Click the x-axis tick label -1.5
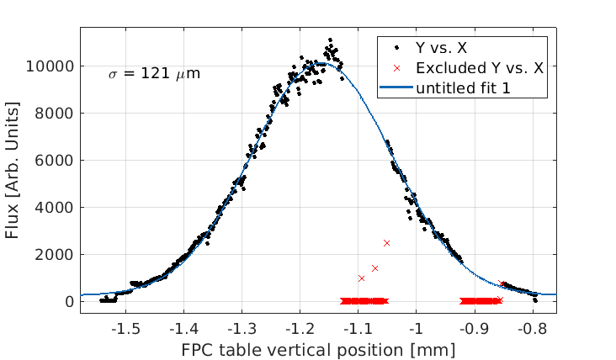126,326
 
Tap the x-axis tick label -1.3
242,326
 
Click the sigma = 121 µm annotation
154,74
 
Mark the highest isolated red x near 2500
386,242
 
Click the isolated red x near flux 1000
361,278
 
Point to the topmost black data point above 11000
330,40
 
